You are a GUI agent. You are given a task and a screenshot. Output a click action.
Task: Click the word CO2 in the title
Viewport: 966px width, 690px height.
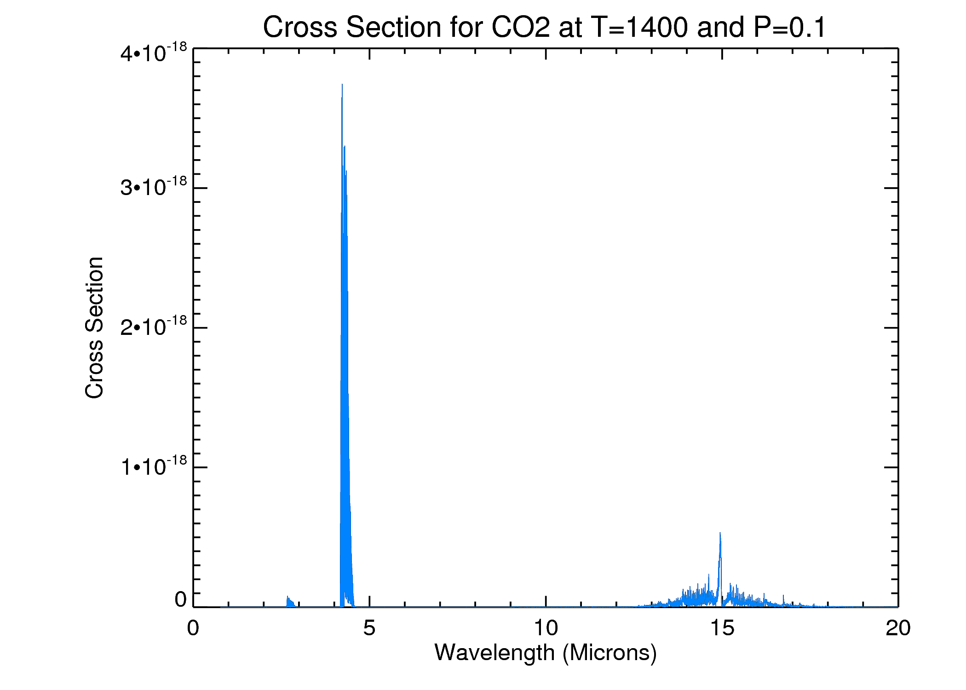520,27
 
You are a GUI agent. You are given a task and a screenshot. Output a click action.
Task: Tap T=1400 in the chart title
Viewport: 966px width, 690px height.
640,27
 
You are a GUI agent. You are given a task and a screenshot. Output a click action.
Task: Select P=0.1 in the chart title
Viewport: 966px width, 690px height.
790,27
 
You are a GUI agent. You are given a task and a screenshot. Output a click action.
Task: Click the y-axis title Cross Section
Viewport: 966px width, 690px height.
95,328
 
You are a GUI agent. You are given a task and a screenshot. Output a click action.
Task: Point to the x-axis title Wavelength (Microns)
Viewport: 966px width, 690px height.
546,653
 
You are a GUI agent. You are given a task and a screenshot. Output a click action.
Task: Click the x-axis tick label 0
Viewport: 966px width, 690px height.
193,628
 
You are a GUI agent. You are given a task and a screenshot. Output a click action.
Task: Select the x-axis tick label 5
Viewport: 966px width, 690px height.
369,628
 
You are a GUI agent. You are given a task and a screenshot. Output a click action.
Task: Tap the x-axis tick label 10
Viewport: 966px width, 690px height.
546,628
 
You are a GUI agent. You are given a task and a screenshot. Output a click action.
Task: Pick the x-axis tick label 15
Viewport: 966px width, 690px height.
722,628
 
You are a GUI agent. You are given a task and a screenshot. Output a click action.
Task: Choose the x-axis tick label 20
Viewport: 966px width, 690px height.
898,628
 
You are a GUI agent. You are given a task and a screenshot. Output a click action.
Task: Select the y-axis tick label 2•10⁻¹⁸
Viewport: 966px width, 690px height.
154,327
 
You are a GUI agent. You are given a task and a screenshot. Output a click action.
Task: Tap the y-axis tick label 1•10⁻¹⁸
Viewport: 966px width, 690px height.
154,466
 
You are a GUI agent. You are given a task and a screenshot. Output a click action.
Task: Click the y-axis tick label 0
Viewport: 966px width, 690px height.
180,600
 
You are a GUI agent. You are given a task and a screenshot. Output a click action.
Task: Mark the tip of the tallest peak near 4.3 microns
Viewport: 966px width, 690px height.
342,85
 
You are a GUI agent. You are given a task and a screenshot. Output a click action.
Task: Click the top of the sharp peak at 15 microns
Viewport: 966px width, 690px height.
720,533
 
